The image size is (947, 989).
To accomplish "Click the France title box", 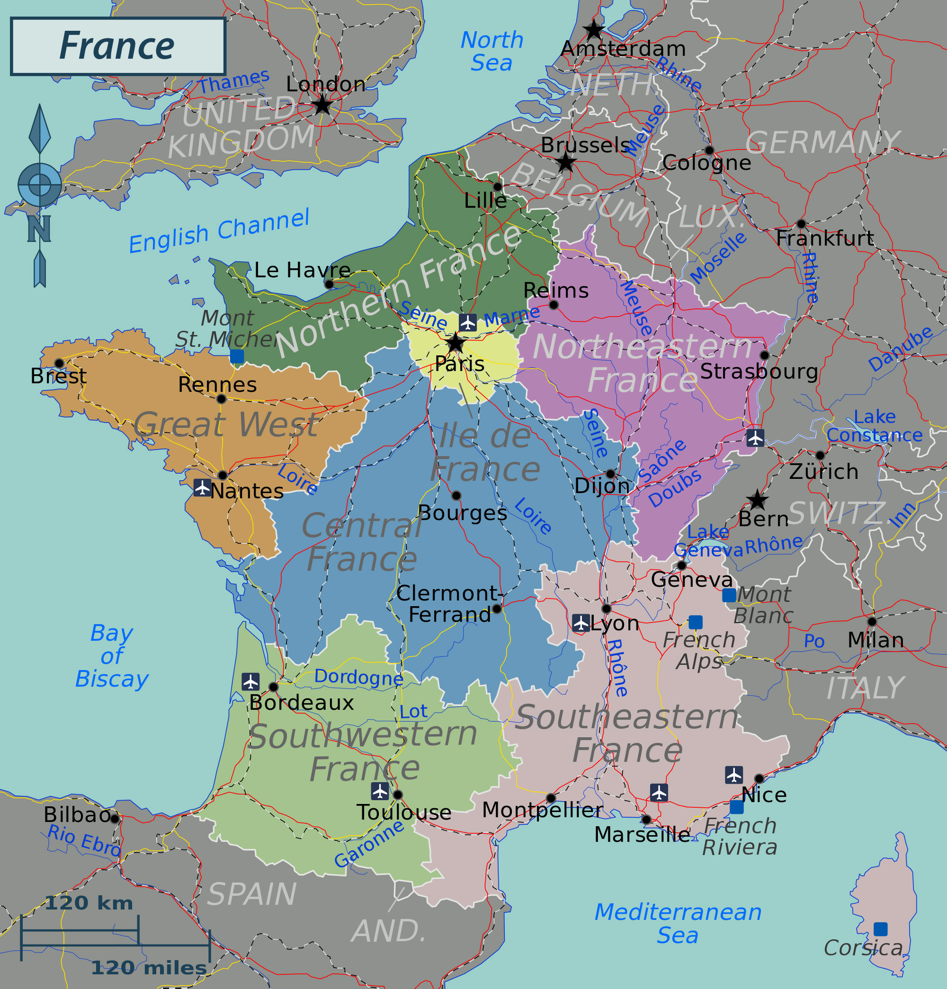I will (x=117, y=46).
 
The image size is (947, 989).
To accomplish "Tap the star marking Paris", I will (x=456, y=343).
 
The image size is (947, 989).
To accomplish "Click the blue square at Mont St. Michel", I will (x=237, y=356).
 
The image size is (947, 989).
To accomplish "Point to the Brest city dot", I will (x=59, y=363).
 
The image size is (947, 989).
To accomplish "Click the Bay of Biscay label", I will (x=112, y=655).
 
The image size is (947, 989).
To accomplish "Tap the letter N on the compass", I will (x=39, y=229).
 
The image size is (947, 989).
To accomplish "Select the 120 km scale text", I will (x=89, y=903).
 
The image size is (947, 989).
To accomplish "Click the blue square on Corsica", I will (x=880, y=929).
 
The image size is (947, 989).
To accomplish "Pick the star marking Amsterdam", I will (x=594, y=30).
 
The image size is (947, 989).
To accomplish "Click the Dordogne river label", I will (x=358, y=677).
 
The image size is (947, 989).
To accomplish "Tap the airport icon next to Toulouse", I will (x=380, y=791).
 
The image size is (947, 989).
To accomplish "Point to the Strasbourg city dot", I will (x=764, y=355).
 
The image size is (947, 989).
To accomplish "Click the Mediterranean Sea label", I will (x=678, y=923).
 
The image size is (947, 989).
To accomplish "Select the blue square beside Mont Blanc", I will (x=729, y=595).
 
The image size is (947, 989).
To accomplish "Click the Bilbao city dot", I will (x=115, y=819).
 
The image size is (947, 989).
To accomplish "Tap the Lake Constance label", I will (x=874, y=426).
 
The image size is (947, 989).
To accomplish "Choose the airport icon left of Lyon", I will (x=581, y=623).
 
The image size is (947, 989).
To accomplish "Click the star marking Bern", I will (x=757, y=500).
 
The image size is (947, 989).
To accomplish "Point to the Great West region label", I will (x=226, y=424).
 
